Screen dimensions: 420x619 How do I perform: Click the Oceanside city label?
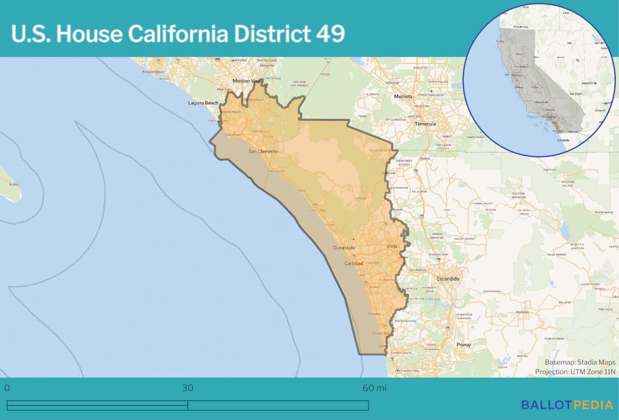(x=344, y=248)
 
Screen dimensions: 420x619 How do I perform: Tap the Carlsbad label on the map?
(x=354, y=263)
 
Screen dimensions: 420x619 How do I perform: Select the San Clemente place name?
(x=263, y=151)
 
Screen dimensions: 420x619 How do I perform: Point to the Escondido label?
(x=448, y=279)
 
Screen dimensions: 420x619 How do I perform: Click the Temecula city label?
(x=425, y=124)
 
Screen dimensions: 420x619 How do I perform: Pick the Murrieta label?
(x=403, y=96)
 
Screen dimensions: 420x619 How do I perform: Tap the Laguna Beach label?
(x=203, y=103)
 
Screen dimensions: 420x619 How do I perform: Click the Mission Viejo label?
(x=247, y=81)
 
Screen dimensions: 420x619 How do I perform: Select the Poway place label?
(x=463, y=345)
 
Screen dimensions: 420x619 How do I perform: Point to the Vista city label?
(x=391, y=246)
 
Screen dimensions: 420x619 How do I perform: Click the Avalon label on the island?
(x=14, y=184)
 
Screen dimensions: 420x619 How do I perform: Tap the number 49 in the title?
(x=330, y=33)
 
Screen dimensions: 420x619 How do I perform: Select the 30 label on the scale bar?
(x=187, y=388)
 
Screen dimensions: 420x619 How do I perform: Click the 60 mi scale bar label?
(x=374, y=388)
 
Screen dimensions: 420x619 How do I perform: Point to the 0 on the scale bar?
(x=7, y=388)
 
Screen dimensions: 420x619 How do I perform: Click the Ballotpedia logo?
(x=567, y=405)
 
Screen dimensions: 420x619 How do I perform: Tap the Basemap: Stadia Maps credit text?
(x=580, y=362)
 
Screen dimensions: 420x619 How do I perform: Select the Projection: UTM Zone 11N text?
(x=575, y=372)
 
